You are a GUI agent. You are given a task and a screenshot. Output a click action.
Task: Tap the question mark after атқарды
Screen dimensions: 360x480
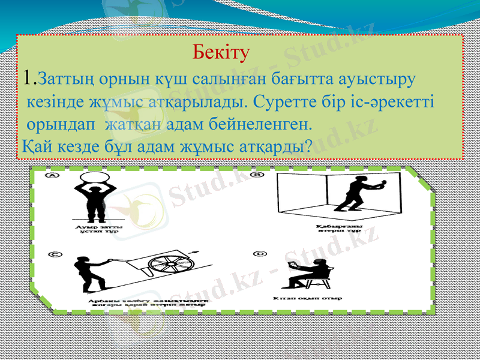(308, 146)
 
